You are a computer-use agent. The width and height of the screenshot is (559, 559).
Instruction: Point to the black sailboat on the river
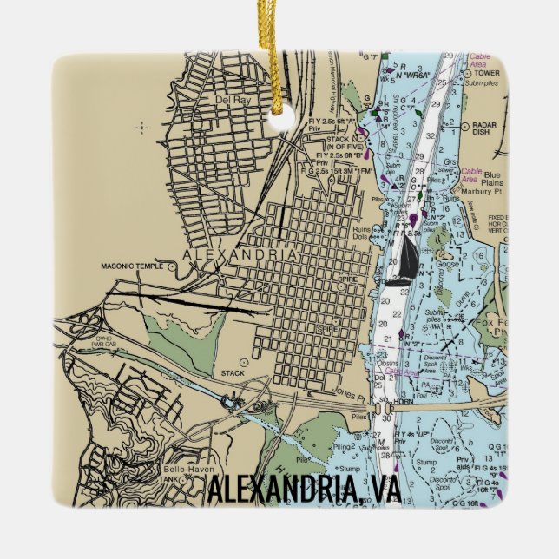pyautogui.click(x=404, y=261)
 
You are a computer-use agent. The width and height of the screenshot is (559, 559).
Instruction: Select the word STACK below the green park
pyautogui.click(x=233, y=373)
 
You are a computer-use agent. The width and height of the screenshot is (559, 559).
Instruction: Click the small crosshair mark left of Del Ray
pyautogui.click(x=142, y=128)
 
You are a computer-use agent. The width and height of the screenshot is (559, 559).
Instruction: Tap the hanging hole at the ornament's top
pyautogui.click(x=279, y=116)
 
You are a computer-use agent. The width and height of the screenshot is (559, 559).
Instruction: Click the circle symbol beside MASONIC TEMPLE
pyautogui.click(x=173, y=266)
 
